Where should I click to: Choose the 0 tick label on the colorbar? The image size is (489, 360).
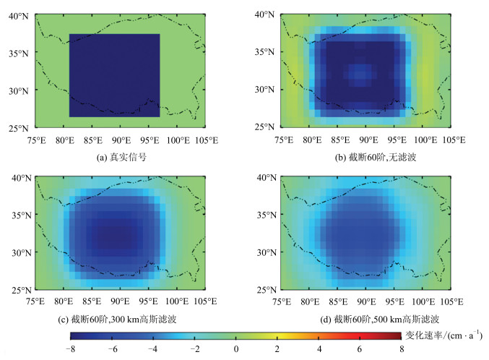(x=235, y=350)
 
